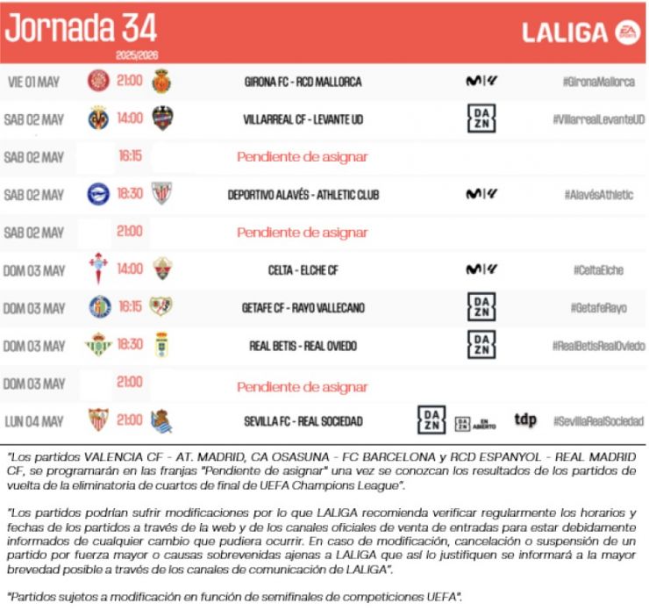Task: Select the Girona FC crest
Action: (98, 82)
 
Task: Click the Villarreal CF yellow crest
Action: (98, 119)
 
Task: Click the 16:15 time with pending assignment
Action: (131, 157)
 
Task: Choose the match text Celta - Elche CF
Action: (303, 270)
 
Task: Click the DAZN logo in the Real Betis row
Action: (481, 345)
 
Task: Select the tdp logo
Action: (525, 420)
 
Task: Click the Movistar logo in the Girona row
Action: (481, 82)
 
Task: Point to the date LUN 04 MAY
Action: (34, 421)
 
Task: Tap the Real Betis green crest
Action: (98, 345)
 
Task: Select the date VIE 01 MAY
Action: (34, 82)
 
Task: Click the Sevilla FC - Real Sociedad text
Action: (303, 421)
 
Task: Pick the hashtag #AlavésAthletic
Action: (597, 195)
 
